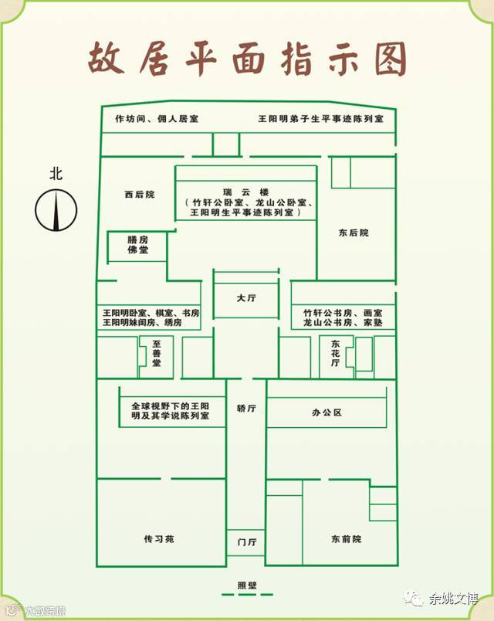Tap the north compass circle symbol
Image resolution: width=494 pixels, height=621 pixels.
[56, 209]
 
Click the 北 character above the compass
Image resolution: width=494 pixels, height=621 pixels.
[56, 174]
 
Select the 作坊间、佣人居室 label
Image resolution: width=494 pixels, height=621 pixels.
[157, 119]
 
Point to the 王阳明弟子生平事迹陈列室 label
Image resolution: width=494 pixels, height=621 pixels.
[320, 119]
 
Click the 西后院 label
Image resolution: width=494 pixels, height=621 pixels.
[139, 195]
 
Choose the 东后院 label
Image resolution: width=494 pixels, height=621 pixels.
[354, 232]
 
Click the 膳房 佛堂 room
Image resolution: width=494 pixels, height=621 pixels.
[138, 246]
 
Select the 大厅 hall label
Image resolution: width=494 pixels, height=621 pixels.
[246, 297]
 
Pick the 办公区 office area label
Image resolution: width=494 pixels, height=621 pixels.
[327, 412]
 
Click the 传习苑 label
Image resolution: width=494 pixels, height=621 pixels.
[159, 538]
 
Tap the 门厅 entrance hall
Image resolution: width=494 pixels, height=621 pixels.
[246, 542]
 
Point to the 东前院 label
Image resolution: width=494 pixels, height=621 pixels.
[346, 538]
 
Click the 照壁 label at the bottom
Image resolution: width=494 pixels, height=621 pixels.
[246, 584]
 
